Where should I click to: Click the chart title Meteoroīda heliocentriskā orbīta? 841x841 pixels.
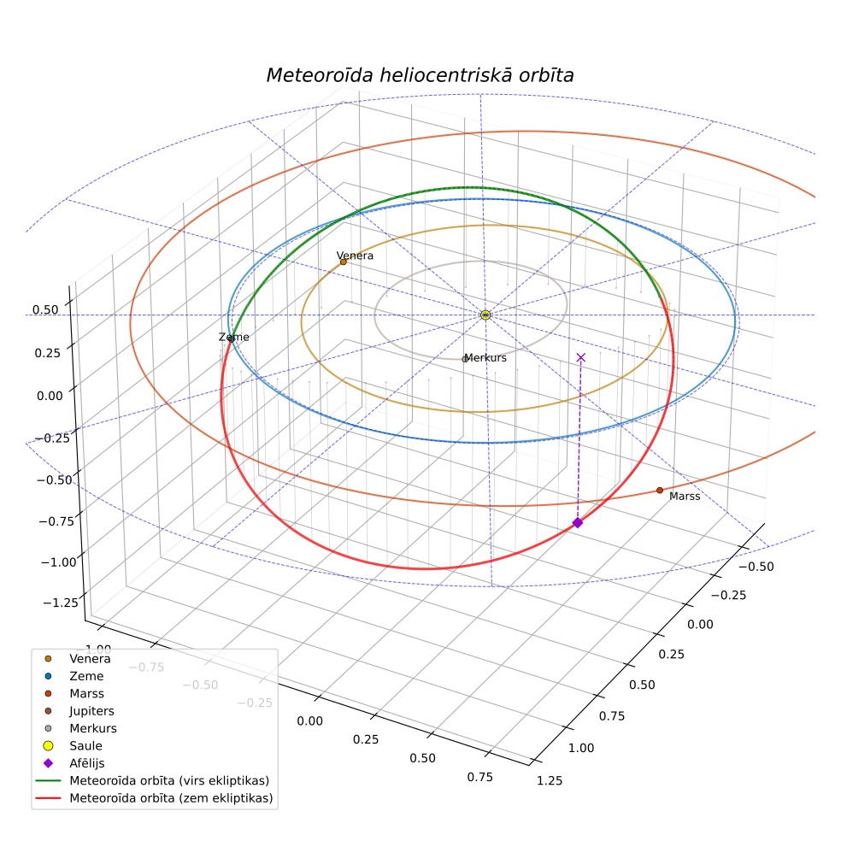click(420, 75)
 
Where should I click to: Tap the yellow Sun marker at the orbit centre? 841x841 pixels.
click(485, 315)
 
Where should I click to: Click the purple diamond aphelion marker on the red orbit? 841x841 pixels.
click(578, 522)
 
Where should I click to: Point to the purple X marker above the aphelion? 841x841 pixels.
click(581, 357)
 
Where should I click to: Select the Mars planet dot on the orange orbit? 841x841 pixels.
click(660, 491)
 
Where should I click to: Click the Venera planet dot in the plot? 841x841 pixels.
click(344, 262)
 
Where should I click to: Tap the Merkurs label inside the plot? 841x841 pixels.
click(486, 358)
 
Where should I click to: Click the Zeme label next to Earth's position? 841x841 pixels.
click(234, 337)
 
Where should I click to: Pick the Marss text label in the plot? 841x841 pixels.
click(685, 496)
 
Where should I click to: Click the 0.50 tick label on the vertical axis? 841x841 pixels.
click(45, 309)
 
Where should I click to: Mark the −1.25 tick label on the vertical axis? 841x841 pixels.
click(61, 603)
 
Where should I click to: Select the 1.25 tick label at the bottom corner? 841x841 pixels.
click(550, 780)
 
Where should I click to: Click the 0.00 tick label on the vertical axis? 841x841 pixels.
click(50, 396)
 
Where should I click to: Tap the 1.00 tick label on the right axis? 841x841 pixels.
click(581, 748)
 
